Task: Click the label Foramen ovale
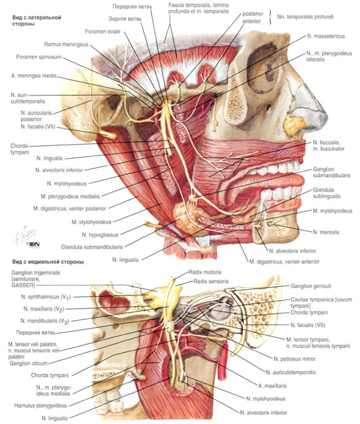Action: (x=103, y=31)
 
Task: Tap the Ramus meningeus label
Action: (x=67, y=44)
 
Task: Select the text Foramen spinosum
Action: (x=39, y=57)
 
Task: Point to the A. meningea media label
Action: (x=34, y=76)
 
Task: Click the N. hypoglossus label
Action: (x=100, y=235)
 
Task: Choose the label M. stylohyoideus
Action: (x=92, y=222)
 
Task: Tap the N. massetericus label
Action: (x=326, y=36)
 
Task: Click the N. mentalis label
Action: (x=326, y=232)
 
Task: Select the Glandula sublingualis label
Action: (x=326, y=193)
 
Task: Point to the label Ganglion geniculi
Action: (x=311, y=286)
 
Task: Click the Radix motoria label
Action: (x=205, y=272)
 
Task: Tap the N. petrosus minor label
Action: (x=295, y=359)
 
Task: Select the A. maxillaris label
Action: (x=272, y=386)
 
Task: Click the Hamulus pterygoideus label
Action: (x=40, y=405)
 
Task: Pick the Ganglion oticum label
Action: (x=29, y=363)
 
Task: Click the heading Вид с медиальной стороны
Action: (x=48, y=262)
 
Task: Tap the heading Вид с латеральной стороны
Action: (x=37, y=21)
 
